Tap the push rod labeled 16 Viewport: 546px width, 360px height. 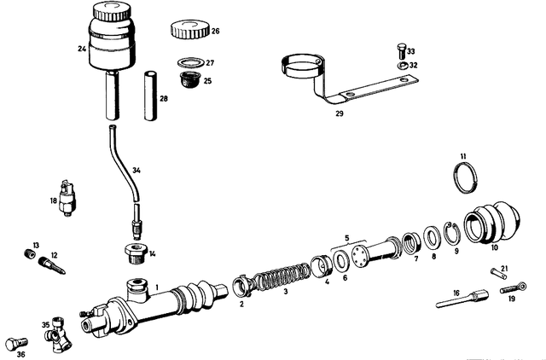coord(460,299)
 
